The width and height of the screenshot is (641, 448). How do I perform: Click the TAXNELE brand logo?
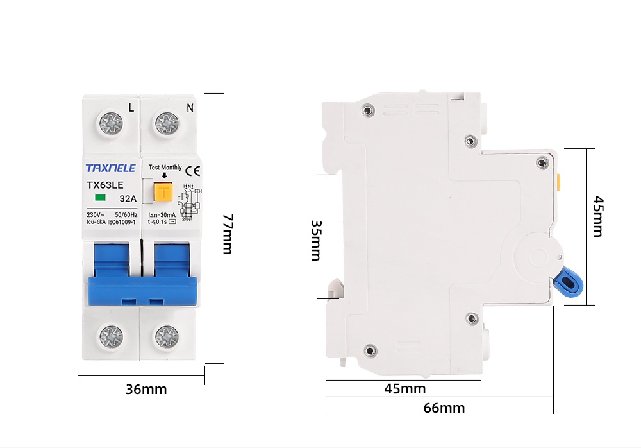point(110,168)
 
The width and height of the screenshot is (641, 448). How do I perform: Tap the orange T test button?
point(165,191)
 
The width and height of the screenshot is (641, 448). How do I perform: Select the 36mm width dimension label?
point(146,389)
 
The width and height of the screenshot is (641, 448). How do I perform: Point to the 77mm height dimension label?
point(227,234)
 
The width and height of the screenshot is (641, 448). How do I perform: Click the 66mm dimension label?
point(444,408)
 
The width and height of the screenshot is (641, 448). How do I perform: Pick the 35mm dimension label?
point(315,240)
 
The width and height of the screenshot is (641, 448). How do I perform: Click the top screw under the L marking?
point(111,123)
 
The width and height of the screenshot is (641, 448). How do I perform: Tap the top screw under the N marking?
point(167,123)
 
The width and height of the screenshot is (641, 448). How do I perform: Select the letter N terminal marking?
point(190,107)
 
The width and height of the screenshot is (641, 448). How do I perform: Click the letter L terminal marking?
point(131,107)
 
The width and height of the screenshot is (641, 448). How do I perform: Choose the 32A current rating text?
point(128,198)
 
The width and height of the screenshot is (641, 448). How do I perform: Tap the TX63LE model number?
point(104,185)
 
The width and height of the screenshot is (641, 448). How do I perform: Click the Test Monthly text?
point(165,168)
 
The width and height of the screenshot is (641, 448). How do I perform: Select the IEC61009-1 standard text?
point(121,221)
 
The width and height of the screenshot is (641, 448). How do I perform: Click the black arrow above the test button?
point(165,175)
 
